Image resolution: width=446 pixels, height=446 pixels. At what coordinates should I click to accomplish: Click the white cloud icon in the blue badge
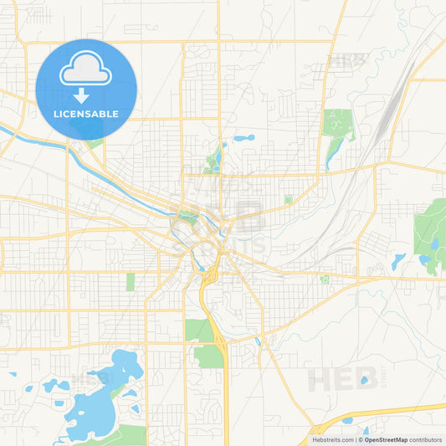[85, 70]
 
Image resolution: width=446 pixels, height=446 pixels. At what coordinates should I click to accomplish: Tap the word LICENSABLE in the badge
[85, 114]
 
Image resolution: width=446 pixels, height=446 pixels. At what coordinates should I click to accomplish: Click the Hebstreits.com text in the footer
[332, 439]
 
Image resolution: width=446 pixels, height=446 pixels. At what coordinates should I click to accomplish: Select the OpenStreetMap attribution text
[386, 439]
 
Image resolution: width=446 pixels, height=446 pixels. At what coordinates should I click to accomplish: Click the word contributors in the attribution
[425, 439]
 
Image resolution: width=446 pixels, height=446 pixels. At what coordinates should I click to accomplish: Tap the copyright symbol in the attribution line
[361, 439]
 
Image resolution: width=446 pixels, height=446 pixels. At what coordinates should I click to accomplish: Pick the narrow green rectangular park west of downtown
[131, 281]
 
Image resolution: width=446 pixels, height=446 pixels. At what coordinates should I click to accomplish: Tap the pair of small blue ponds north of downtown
[244, 137]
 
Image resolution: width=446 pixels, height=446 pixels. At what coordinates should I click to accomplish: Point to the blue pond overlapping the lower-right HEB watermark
[364, 381]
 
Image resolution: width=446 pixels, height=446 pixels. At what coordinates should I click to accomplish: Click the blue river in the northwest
[33, 138]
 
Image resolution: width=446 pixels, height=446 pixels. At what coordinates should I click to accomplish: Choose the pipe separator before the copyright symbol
[356, 439]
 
